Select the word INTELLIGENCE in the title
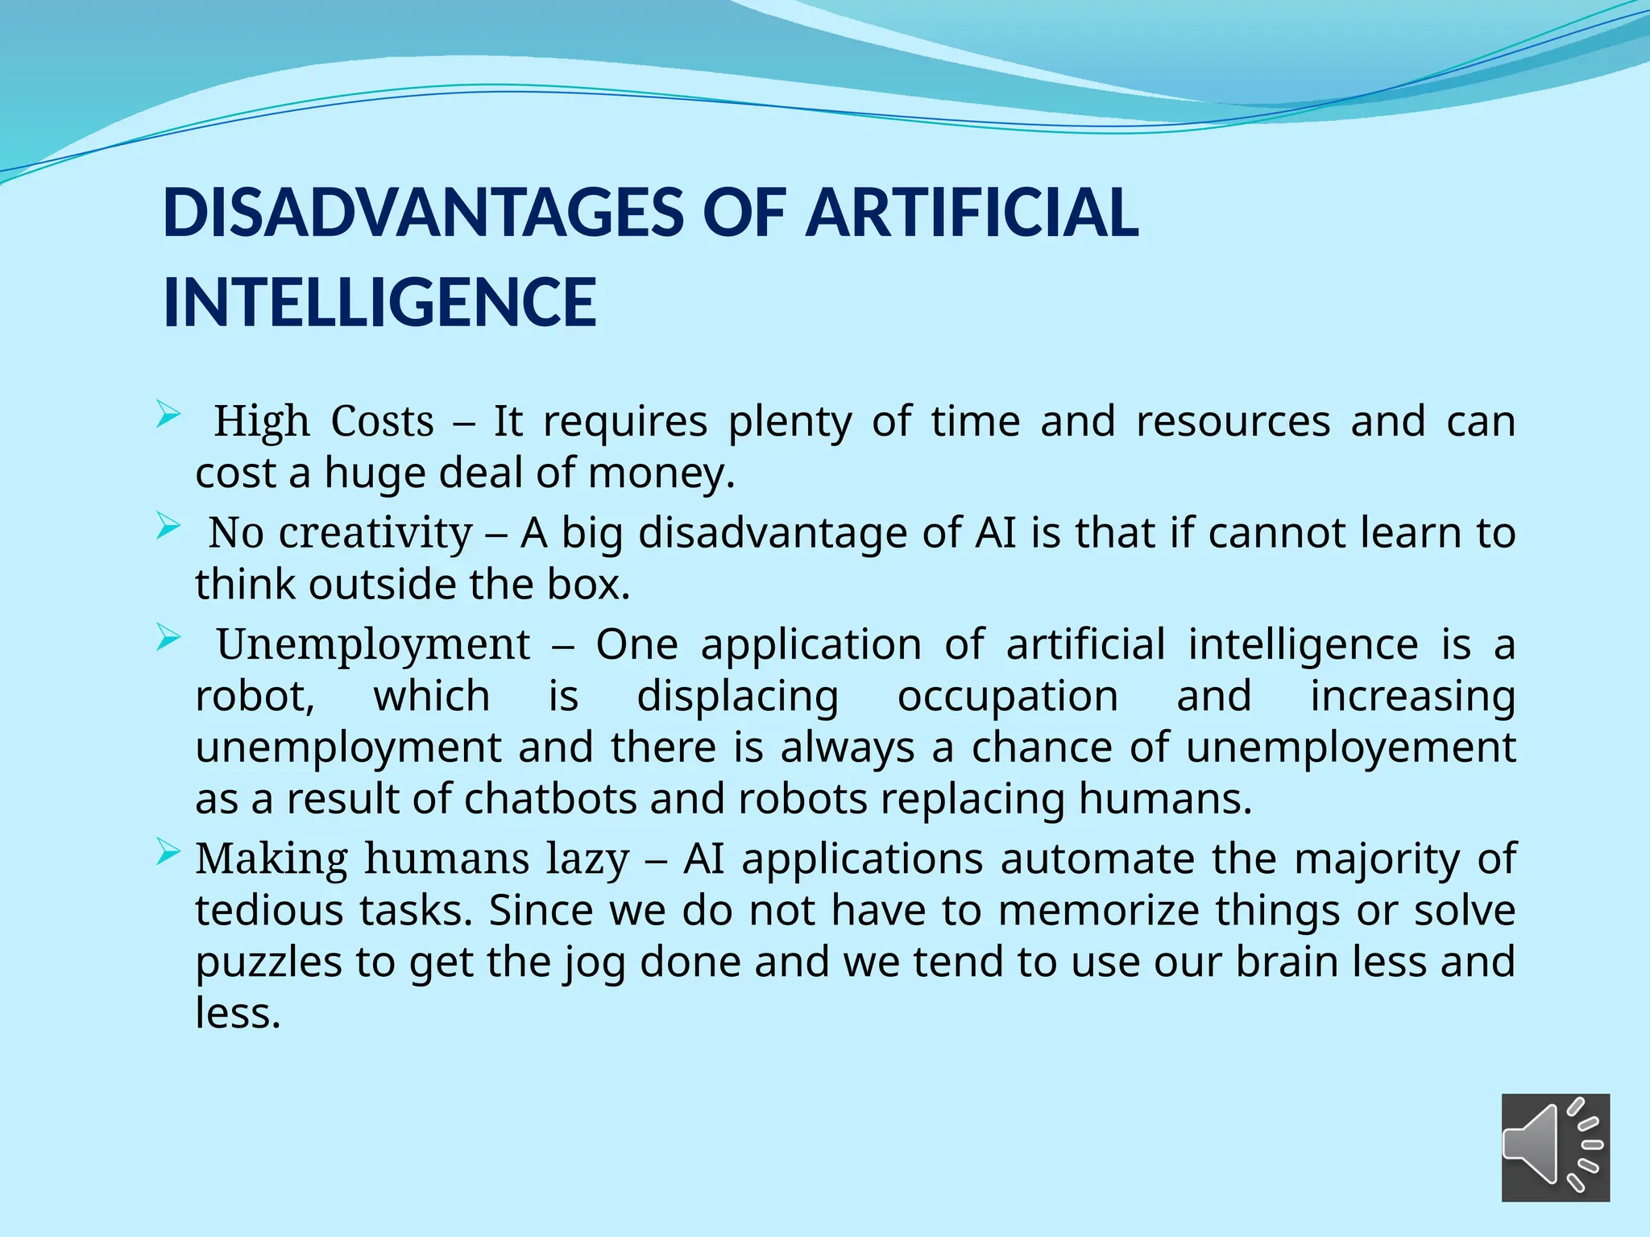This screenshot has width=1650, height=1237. click(379, 303)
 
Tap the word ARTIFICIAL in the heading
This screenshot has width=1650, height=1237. click(972, 213)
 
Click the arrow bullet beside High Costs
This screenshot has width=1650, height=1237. click(168, 416)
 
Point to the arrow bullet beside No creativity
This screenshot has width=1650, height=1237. click(168, 527)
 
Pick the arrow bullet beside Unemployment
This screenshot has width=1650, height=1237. click(168, 639)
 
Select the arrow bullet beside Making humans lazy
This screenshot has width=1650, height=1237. click(168, 853)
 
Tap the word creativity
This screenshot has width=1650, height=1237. click(375, 533)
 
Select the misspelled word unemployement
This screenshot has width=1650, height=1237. click(1350, 747)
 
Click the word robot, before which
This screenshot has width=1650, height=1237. click(255, 697)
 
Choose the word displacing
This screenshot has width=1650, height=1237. click(737, 697)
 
